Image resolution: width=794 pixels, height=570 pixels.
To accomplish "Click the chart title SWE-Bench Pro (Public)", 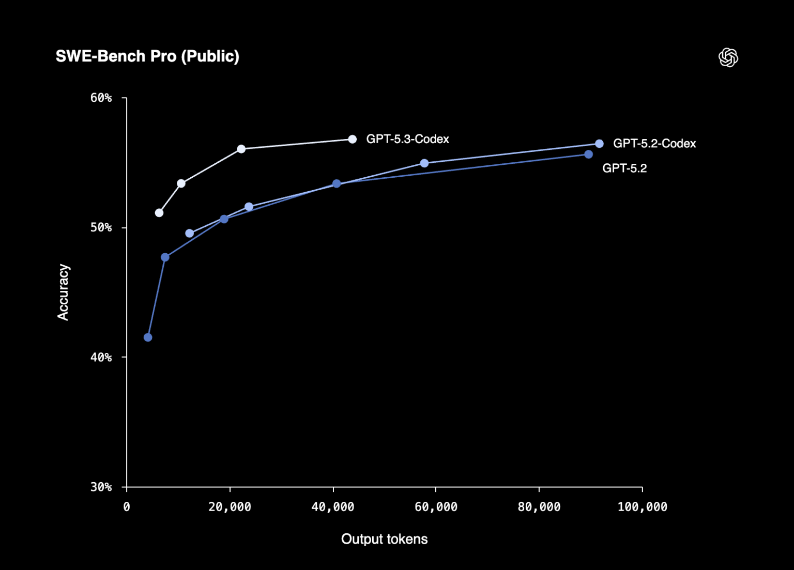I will click(x=147, y=56).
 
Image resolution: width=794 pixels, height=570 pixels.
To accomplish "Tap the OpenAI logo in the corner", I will click(x=728, y=57).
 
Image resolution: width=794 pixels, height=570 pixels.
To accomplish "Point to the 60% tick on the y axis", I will click(x=101, y=98).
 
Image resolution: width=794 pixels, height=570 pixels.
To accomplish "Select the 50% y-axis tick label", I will click(x=101, y=227).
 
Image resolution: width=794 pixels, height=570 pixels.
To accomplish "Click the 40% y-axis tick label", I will click(x=101, y=357).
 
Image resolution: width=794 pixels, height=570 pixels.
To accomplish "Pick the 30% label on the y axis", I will click(x=101, y=487).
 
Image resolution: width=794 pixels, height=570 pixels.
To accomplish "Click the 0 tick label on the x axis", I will click(x=127, y=507).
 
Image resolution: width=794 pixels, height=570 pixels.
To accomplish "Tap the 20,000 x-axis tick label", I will click(x=230, y=507).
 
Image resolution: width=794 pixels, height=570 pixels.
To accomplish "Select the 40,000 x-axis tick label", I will click(x=333, y=507).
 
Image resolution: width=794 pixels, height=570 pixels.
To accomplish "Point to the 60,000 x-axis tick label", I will click(x=436, y=507).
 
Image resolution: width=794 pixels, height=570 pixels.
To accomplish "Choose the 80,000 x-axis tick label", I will click(x=539, y=507).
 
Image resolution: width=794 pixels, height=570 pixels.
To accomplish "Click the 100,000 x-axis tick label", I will click(x=642, y=507).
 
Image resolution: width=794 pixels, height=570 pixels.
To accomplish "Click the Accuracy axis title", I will click(x=63, y=292).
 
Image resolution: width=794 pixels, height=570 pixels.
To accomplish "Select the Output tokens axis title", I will click(x=384, y=539).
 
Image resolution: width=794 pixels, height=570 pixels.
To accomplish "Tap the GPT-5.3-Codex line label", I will click(x=407, y=139).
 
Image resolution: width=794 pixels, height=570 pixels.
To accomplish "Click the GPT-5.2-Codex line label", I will click(x=654, y=144).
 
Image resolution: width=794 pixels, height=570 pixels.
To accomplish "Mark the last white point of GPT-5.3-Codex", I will click(x=352, y=139).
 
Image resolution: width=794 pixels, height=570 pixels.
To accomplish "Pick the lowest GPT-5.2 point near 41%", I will click(x=148, y=337).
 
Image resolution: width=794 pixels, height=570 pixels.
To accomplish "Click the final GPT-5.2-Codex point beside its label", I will click(x=599, y=144).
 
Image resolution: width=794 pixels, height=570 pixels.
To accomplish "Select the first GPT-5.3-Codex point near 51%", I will click(x=159, y=213).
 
